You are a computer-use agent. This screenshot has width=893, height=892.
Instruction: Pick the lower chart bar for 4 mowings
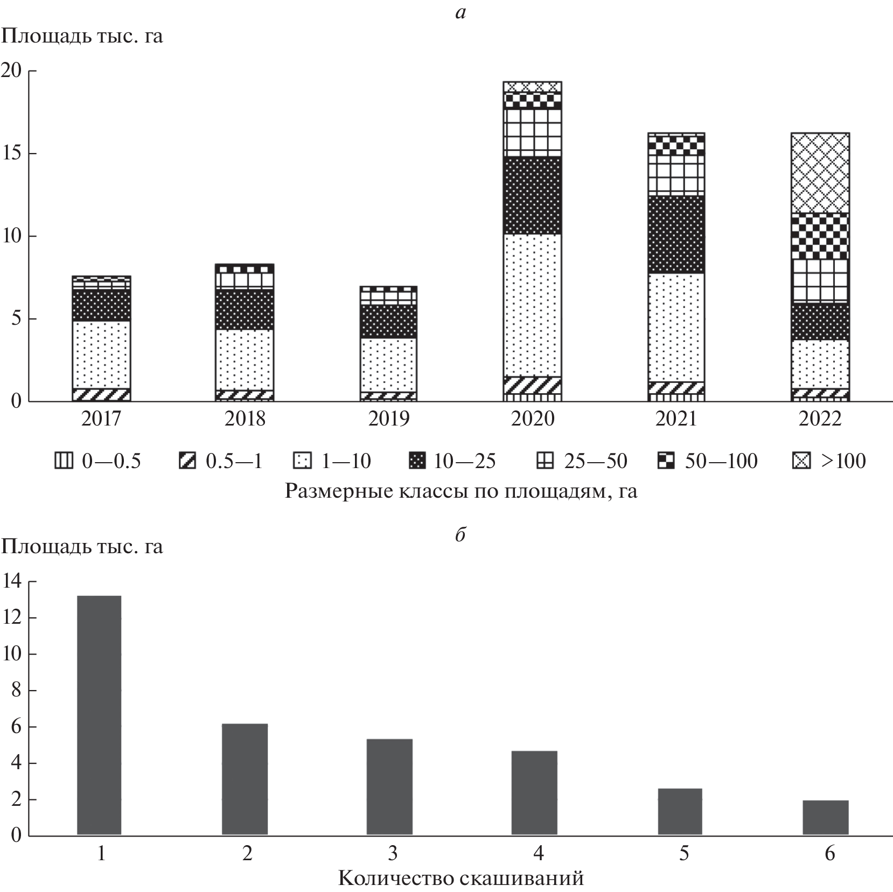534,793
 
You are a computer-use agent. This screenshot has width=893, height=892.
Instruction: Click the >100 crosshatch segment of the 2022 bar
820,172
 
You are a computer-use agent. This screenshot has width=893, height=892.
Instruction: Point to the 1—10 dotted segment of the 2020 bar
532,305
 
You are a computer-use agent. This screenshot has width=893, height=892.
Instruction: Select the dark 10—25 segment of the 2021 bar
676,234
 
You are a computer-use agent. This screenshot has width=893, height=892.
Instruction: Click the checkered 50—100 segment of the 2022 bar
820,236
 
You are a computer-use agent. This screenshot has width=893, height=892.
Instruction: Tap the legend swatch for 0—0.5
64,461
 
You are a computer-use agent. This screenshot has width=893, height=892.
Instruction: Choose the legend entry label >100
843,461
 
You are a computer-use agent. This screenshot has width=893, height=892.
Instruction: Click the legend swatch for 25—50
545,461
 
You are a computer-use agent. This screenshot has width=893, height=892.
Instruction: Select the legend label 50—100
721,461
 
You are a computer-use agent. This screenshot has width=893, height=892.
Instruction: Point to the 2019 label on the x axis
389,419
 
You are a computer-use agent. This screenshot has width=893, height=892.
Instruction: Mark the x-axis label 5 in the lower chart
683,854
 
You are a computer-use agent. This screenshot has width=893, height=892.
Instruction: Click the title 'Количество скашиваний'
461,879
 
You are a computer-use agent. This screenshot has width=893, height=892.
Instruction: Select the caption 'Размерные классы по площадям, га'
461,491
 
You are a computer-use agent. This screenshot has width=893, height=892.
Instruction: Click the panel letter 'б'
460,535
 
